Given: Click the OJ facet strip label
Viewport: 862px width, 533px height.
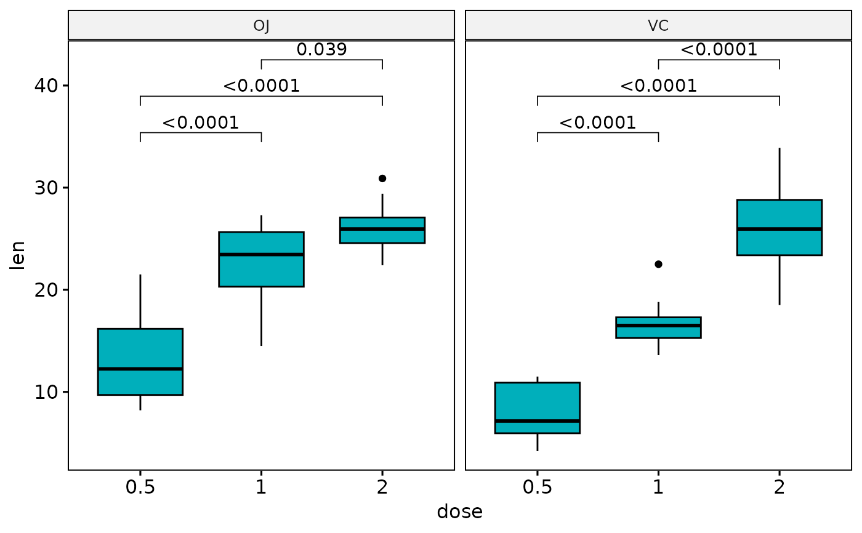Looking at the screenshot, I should pos(262,26).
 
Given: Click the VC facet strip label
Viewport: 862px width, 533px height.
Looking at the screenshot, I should pos(658,26).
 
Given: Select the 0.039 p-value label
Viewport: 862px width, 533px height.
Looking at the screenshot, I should pos(321,50).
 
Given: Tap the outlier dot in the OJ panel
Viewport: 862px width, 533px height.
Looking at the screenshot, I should pos(382,178).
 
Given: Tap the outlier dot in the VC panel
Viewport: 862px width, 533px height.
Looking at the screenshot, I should pos(658,264).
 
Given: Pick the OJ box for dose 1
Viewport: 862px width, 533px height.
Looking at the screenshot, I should pos(261,259).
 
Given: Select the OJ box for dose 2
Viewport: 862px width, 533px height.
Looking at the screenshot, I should pos(382,230).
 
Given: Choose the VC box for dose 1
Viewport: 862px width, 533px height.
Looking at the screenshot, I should pos(658,327).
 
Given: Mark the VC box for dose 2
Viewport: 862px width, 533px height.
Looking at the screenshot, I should pos(779,227).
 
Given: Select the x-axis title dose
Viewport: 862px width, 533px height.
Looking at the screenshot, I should pos(459,512).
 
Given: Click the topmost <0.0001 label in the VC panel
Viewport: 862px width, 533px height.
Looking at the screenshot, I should pos(719,50).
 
